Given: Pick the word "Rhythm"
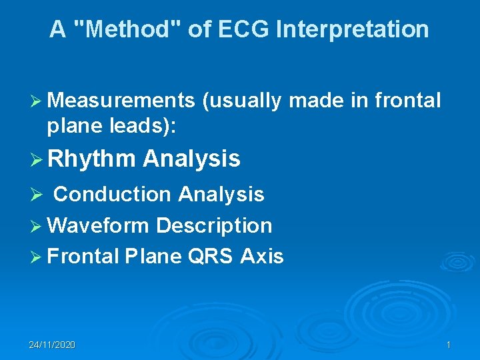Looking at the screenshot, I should (91, 159).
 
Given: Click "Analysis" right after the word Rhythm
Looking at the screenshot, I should (191, 159).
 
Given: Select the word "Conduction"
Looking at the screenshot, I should (113, 194).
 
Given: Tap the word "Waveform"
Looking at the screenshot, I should (99, 225).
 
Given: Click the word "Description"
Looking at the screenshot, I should (214, 225).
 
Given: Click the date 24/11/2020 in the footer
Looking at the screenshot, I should (52, 345).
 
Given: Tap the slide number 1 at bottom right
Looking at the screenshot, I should (449, 345).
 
